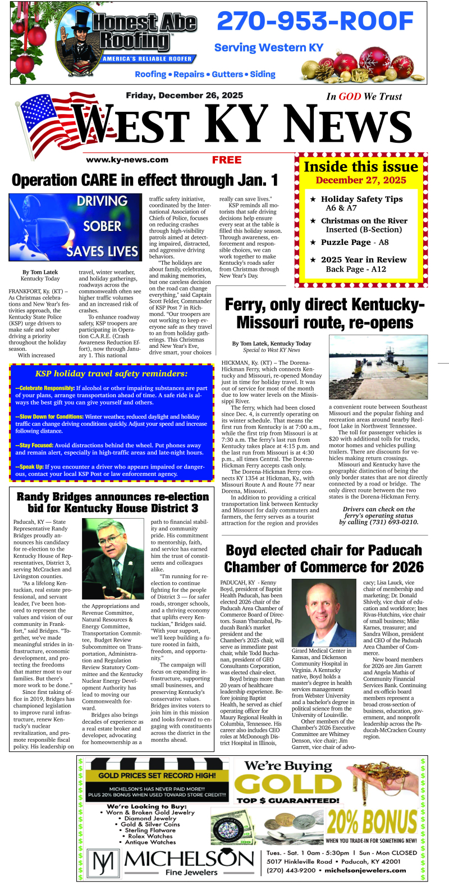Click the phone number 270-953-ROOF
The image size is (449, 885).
point(315,22)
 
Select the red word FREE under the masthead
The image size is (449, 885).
point(227,160)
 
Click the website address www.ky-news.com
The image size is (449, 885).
point(127,160)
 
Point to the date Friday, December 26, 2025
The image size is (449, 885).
point(184,96)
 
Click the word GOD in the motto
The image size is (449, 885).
point(350,97)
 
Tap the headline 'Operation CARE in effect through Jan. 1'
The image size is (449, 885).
point(145,180)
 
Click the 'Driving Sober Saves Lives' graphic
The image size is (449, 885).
point(75,226)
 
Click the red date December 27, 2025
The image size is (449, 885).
point(361,180)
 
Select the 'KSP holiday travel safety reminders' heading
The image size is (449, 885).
point(111,374)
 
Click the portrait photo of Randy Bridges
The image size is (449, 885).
point(112,559)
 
